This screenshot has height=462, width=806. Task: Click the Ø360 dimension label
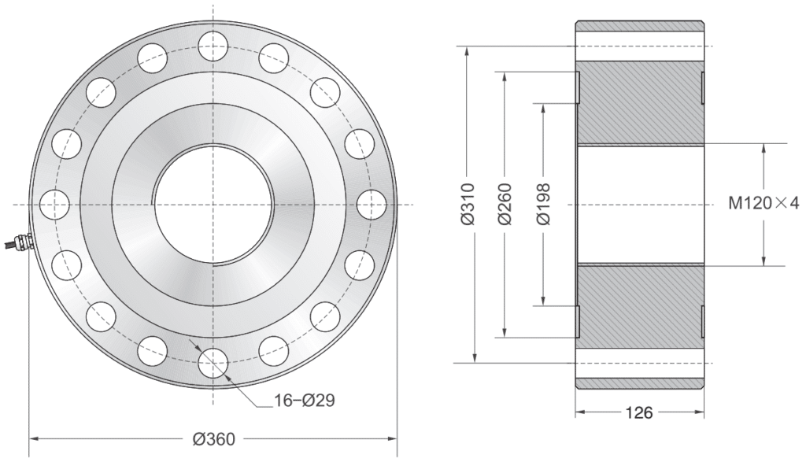[x=214, y=438]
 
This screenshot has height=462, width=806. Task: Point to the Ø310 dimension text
[x=467, y=205]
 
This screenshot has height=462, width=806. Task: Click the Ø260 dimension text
[x=505, y=205]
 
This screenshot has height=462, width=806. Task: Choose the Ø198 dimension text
[x=542, y=205]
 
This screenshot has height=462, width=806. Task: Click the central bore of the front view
[x=214, y=204]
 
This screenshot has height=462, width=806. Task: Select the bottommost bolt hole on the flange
[x=214, y=364]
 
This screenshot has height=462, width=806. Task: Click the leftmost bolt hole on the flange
[x=53, y=204]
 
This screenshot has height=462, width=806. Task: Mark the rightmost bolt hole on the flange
[x=373, y=204]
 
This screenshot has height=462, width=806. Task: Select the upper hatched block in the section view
[x=639, y=102]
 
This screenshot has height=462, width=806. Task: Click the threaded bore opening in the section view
[x=639, y=204]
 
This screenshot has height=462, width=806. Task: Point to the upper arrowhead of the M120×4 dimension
[x=763, y=149]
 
